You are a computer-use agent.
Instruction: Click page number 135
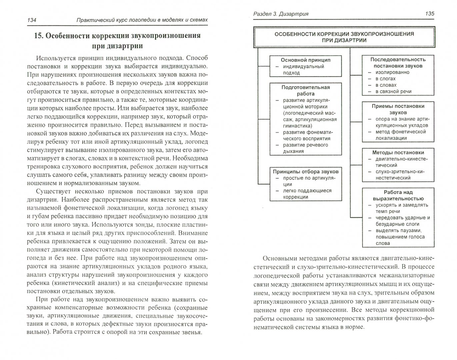pyautogui.click(x=429, y=14)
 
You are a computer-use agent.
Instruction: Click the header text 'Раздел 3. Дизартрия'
pyautogui.click(x=281, y=14)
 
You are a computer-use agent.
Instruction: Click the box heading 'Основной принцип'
pyautogui.click(x=305, y=60)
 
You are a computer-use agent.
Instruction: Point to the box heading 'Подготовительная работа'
pyautogui.click(x=305, y=90)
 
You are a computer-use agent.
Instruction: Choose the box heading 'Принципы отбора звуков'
pyautogui.click(x=305, y=171)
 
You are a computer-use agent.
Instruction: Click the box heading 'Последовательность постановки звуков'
pyautogui.click(x=398, y=62)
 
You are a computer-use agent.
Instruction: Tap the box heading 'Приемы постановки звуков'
pyautogui.click(x=398, y=109)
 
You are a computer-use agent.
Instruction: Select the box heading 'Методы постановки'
pyautogui.click(x=398, y=152)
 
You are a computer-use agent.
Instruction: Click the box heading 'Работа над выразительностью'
pyautogui.click(x=398, y=195)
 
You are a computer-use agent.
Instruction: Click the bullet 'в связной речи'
pyautogui.click(x=393, y=91)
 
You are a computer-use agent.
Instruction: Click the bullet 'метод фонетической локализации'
pyautogui.click(x=396, y=135)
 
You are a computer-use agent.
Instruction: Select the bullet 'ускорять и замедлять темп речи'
pyautogui.click(x=401, y=208)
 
